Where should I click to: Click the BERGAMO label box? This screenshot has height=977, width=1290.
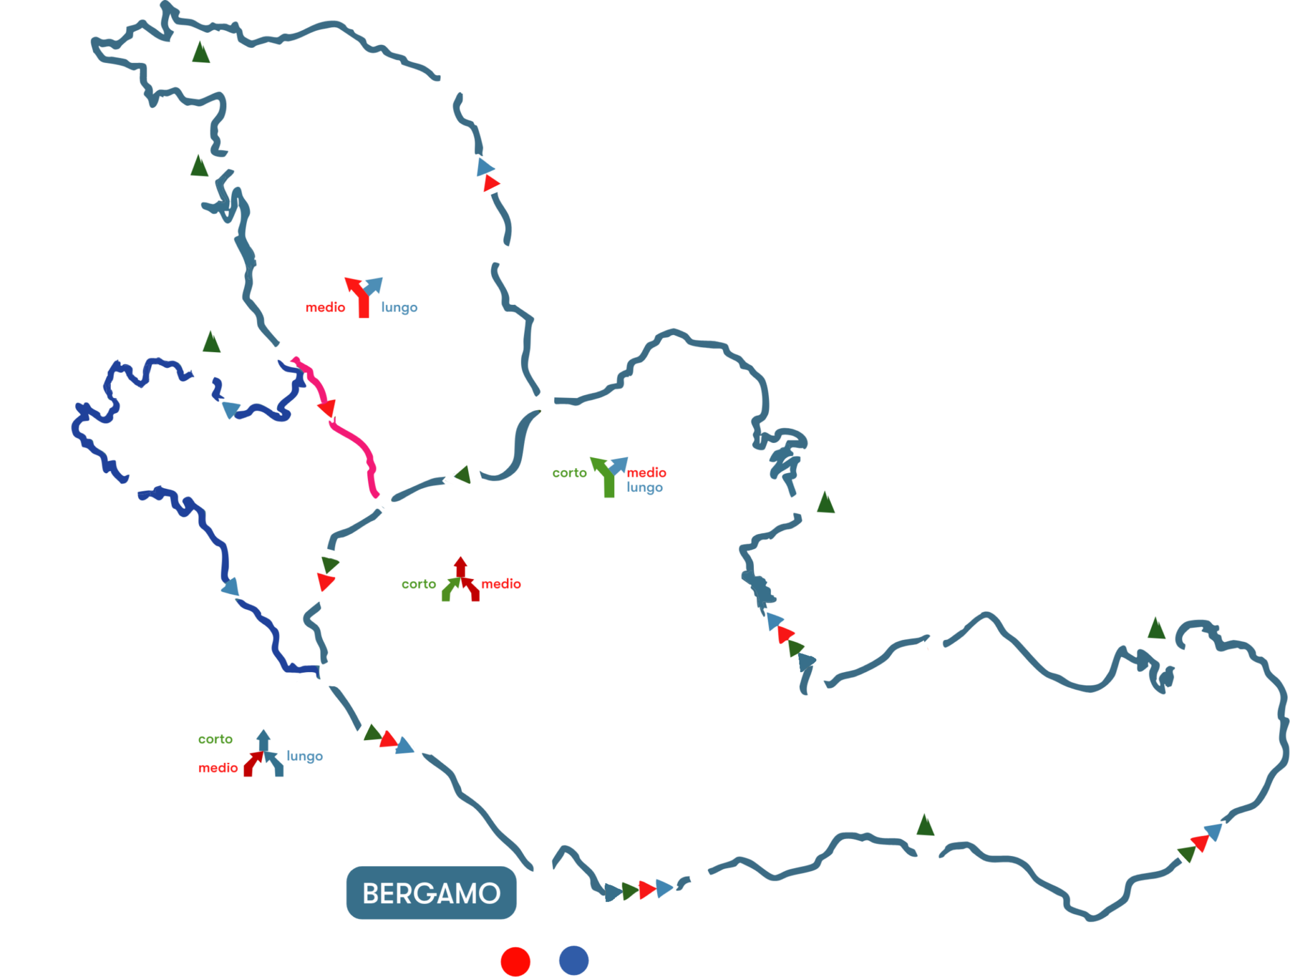click(431, 893)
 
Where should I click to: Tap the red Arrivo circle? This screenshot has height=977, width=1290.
click(516, 961)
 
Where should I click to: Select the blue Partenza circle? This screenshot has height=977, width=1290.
click(573, 961)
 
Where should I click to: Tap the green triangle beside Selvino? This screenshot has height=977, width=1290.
click(825, 503)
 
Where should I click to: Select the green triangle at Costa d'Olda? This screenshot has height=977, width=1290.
click(200, 53)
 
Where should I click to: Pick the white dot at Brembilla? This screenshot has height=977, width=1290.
click(285, 351)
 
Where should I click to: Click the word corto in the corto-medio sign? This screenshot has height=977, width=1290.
click(419, 584)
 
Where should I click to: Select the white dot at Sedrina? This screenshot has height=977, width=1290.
click(386, 502)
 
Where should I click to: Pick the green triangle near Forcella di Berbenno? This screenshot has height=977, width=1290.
click(211, 342)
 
